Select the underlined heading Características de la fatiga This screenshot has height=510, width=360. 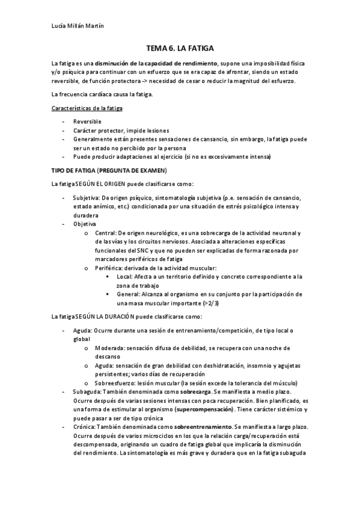pyautogui.click(x=87, y=108)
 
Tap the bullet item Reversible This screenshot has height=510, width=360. pyautogui.click(x=87, y=121)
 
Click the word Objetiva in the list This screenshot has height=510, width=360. pyautogui.click(x=85, y=223)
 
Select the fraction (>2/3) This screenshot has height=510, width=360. pyautogui.click(x=228, y=303)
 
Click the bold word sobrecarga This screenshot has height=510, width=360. pyautogui.click(x=196, y=392)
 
